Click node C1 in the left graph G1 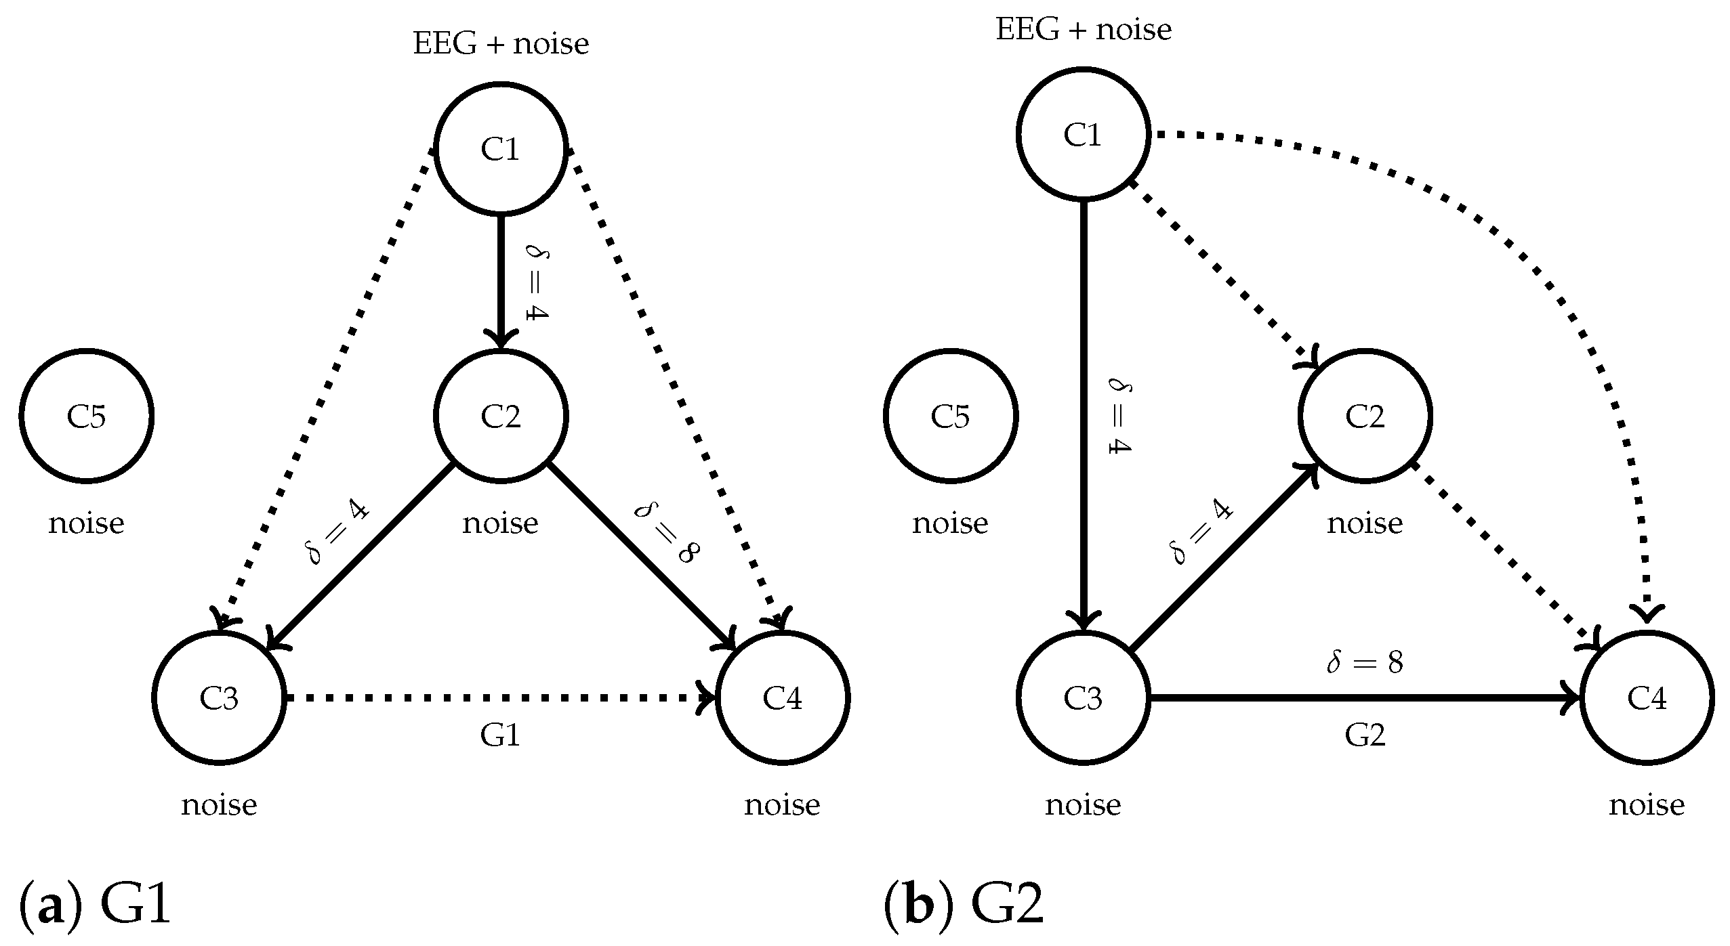click(500, 148)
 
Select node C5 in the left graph click(86, 416)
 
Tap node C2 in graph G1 click(500, 416)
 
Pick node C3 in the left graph click(218, 697)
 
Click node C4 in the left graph click(782, 697)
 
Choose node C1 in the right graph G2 click(1082, 134)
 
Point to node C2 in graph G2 click(1364, 416)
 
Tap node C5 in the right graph click(950, 416)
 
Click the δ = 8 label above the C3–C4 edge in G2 click(1364, 664)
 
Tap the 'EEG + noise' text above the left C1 click(500, 45)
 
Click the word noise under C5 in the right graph click(950, 523)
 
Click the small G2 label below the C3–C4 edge click(1364, 735)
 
